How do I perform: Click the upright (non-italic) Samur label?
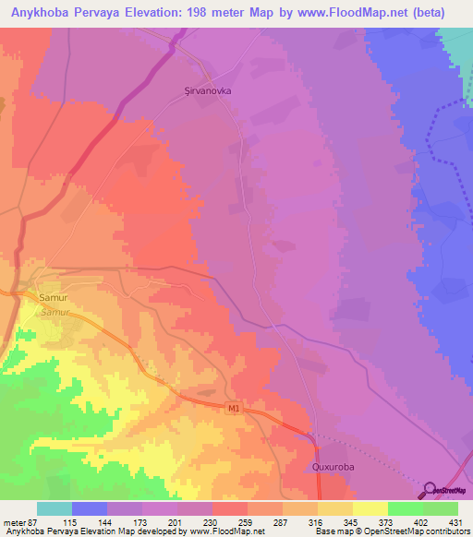(x=54, y=298)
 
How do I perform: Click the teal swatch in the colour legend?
(x=55, y=509)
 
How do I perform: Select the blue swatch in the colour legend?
(x=90, y=509)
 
